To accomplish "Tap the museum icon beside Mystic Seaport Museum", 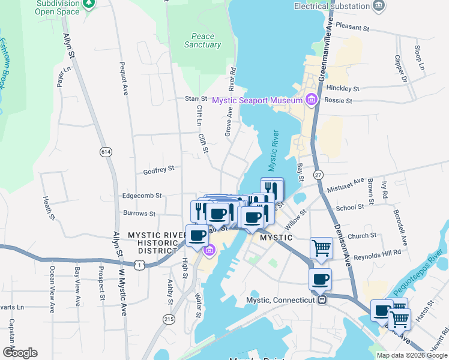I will coord(311,100).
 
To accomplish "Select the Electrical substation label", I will coord(332,6).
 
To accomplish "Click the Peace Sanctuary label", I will coord(203,40).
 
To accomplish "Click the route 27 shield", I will coord(318,174).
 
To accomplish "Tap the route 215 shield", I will coord(168,320).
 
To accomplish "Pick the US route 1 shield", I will coord(140,265).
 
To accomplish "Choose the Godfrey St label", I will coord(158,170).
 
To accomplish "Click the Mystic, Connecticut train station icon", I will coord(322,299).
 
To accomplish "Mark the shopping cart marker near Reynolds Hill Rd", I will coord(322,248).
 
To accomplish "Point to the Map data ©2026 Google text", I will coord(411,355).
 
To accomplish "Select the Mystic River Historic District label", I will coord(154,242).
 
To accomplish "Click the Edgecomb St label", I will coord(142,196).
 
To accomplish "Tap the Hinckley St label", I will coord(343,88).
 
